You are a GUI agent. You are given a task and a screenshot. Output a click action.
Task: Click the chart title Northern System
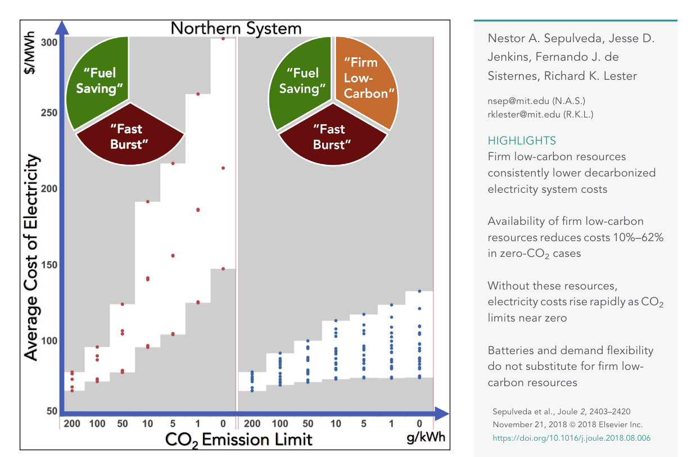pos(236,28)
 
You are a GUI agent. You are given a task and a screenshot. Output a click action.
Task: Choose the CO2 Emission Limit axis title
pos(238,439)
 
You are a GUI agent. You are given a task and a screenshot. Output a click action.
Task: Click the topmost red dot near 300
pos(223,39)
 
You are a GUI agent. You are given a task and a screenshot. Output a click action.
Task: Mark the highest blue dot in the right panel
pos(419,291)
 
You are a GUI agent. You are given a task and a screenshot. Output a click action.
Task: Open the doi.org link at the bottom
pos(571,438)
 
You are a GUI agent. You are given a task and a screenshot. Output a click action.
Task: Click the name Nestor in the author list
pos(506,40)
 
